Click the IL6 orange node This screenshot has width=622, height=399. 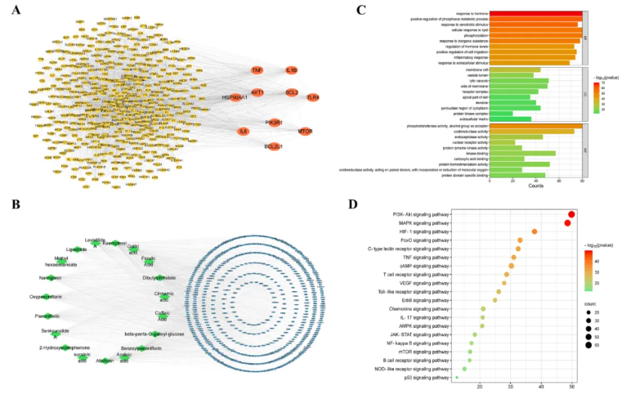click(x=243, y=131)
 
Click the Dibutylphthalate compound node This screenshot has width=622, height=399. click(x=160, y=278)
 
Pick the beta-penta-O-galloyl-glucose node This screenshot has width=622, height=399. click(x=154, y=334)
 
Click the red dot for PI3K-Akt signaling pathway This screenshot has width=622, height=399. click(x=571, y=214)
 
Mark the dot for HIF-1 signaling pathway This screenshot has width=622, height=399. click(x=534, y=231)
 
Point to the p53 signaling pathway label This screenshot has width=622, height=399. click(x=430, y=378)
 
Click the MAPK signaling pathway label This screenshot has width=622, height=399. click(x=421, y=223)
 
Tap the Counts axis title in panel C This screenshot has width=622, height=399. click(x=535, y=186)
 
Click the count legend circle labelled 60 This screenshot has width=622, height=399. click(x=589, y=345)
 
